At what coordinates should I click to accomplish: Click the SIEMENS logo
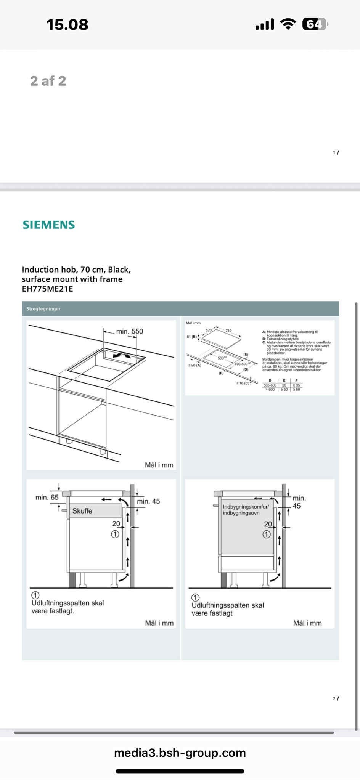[48, 225]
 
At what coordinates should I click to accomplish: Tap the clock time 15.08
[67, 25]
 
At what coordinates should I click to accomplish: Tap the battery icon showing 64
[315, 24]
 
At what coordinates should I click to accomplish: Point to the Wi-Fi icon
[288, 24]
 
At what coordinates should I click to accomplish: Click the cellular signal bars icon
[265, 25]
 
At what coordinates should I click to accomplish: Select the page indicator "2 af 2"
[48, 81]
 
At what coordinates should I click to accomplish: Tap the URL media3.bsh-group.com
[180, 753]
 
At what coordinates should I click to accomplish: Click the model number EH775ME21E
[47, 289]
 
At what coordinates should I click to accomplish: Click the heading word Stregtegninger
[43, 309]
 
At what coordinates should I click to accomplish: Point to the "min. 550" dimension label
[130, 331]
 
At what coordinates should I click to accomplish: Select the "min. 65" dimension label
[47, 498]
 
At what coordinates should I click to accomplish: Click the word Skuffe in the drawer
[82, 511]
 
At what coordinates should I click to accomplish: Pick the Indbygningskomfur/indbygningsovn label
[246, 510]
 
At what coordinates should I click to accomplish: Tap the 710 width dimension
[228, 331]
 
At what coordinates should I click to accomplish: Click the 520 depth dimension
[209, 330]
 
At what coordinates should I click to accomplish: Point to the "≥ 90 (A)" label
[194, 365]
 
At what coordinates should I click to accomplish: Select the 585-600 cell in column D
[270, 385]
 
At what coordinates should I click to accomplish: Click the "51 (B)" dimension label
[192, 337]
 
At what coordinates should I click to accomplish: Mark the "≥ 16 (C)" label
[243, 383]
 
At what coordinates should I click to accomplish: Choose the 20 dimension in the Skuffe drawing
[116, 524]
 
